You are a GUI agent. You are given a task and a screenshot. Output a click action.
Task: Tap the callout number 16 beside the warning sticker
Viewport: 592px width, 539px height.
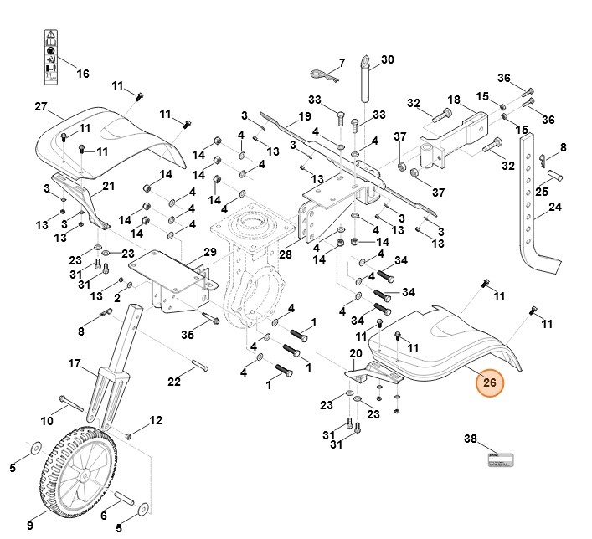[82, 74]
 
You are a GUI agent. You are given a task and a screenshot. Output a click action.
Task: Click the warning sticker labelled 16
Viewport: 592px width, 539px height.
[50, 57]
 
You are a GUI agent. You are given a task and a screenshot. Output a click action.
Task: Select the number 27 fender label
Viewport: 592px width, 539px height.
[40, 106]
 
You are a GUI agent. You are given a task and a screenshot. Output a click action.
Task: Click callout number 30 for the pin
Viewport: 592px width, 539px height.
[386, 59]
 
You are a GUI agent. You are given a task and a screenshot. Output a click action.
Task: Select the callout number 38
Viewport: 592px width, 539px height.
[470, 439]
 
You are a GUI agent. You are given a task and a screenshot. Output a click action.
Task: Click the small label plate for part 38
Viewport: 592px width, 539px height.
[500, 459]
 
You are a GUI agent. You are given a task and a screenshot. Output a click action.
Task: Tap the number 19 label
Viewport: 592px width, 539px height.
[305, 116]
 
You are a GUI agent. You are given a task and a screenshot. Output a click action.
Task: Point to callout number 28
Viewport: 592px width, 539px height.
[285, 254]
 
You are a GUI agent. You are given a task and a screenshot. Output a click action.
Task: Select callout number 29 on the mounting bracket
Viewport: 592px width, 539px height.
[209, 252]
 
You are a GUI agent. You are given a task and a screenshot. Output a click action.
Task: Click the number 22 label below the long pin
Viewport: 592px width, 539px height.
[174, 382]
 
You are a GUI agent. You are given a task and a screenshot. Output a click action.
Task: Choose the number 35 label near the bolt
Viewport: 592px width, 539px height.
[188, 335]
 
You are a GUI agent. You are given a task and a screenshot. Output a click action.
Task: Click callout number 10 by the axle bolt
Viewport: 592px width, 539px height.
[47, 419]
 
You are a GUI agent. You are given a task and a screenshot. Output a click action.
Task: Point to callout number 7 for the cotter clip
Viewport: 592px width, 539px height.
[341, 64]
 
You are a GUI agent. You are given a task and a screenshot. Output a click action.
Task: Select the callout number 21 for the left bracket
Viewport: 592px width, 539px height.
[108, 186]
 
